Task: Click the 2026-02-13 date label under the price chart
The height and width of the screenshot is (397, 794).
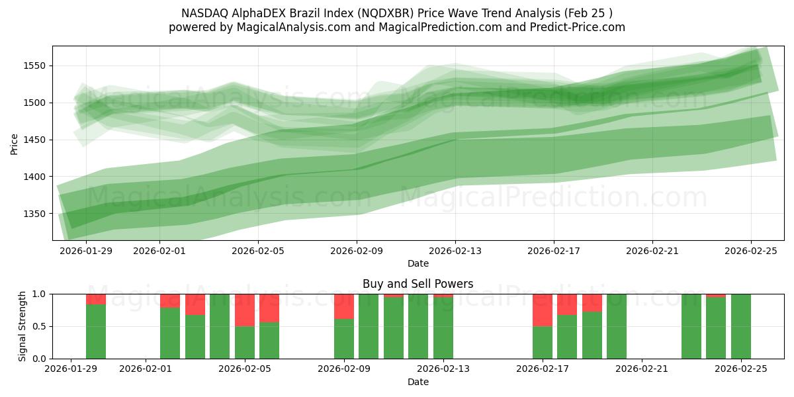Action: coord(455,251)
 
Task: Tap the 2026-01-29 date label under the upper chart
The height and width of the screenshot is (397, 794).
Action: coord(86,251)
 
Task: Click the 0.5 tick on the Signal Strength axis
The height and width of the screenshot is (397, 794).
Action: coord(40,326)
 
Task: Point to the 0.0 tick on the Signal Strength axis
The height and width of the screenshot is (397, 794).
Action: coord(40,359)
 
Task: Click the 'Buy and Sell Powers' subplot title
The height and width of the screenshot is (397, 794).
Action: coord(418,284)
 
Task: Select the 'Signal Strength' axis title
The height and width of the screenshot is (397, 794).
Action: coord(22,326)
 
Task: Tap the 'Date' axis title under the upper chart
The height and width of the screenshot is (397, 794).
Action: coord(418,263)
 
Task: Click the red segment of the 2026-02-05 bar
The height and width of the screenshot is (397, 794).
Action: coord(245,310)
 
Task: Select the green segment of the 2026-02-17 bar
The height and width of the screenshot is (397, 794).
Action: coord(543,343)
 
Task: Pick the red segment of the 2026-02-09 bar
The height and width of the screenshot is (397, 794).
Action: coord(344,306)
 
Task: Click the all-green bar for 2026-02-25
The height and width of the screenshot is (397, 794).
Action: coord(741,326)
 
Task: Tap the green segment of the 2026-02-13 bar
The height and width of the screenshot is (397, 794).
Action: coord(443,328)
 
